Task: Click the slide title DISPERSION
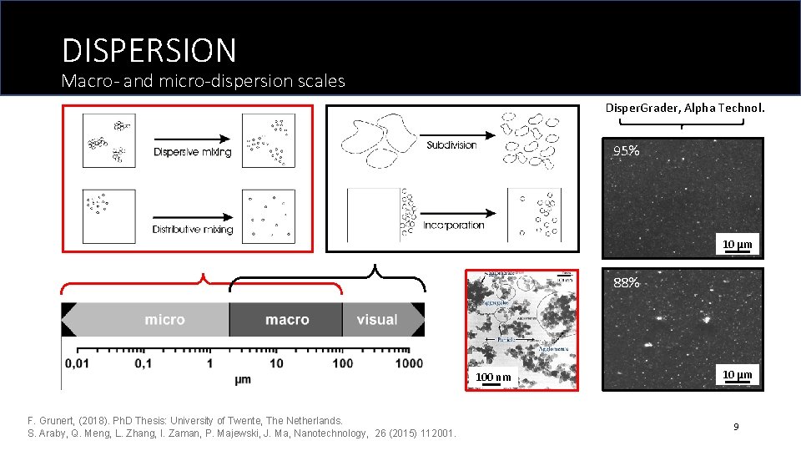(149, 50)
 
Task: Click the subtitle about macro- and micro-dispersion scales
(204, 82)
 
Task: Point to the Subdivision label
(451, 145)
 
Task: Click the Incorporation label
(453, 225)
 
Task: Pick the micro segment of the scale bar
(164, 320)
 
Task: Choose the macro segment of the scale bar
(286, 320)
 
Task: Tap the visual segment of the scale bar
(376, 320)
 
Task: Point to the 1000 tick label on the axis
(409, 363)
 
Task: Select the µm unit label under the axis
(243, 379)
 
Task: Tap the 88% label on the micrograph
(627, 283)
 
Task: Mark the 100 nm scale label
(493, 378)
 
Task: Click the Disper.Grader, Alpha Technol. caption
(684, 108)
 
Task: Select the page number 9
(736, 427)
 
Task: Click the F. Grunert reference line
(185, 420)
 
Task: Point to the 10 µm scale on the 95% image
(737, 245)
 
